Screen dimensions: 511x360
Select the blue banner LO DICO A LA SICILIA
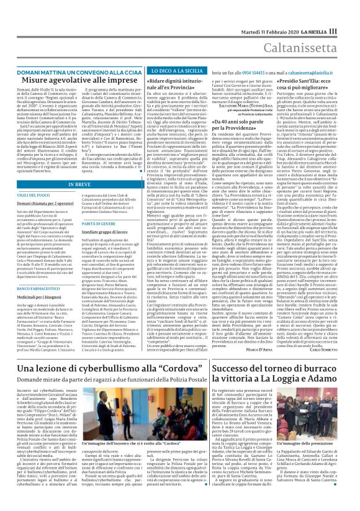[x=148, y=73]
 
